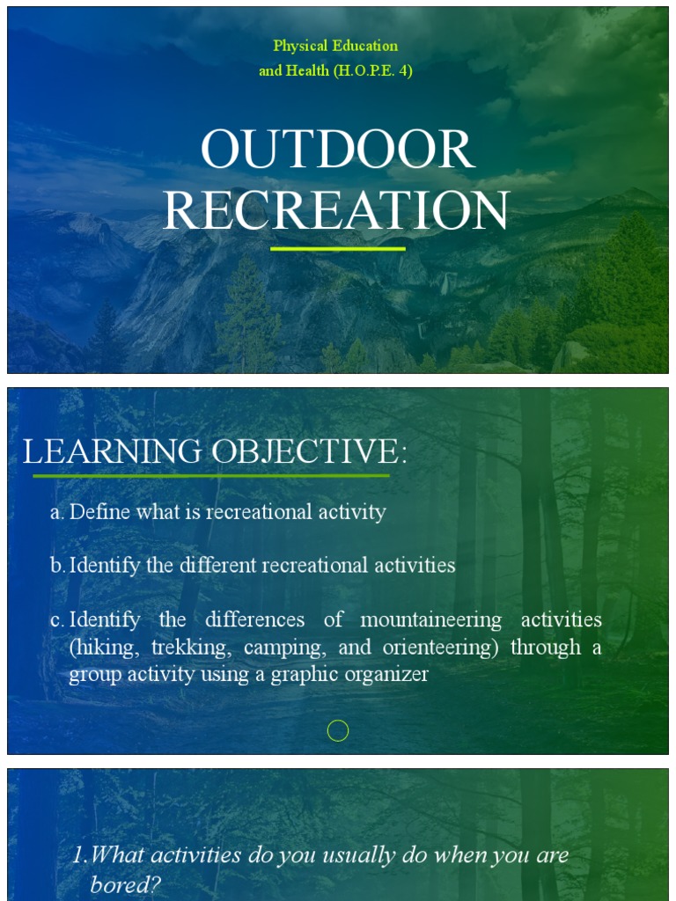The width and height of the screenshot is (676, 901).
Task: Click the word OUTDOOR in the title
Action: (x=337, y=150)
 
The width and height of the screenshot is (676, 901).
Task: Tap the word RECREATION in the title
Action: (x=335, y=211)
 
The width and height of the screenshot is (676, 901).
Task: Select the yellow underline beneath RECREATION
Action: (x=337, y=249)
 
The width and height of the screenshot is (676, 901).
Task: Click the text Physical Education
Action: (x=335, y=46)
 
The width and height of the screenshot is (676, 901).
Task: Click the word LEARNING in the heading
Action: (x=112, y=452)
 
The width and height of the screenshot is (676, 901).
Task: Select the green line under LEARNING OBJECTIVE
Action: (x=211, y=476)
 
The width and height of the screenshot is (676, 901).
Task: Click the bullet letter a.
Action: (x=56, y=512)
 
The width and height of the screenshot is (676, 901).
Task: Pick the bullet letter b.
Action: (x=56, y=565)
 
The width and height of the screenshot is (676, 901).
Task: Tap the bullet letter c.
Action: (x=56, y=619)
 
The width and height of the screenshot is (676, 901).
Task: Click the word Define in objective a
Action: (x=99, y=512)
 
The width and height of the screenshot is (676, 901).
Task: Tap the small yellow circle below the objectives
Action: (x=338, y=730)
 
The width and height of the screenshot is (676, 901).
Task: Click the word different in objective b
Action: (x=213, y=565)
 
